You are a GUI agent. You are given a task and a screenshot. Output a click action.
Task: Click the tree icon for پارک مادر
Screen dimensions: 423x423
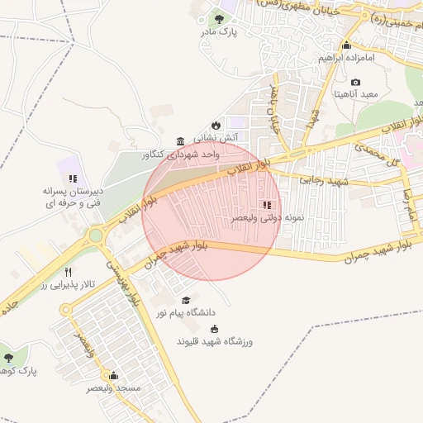(219, 17)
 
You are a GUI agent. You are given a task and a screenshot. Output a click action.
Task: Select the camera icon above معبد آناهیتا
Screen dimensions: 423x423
(355, 82)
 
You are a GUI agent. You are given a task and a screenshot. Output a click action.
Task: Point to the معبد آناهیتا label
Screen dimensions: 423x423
(355, 95)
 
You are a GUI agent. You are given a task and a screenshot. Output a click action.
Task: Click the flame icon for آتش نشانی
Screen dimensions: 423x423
(216, 124)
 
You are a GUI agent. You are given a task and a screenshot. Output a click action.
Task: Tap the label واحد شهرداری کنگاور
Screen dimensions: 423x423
(181, 154)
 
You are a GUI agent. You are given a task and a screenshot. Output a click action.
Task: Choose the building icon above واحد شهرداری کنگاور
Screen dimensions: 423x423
(181, 140)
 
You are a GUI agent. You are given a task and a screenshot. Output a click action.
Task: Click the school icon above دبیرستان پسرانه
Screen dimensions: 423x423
(73, 178)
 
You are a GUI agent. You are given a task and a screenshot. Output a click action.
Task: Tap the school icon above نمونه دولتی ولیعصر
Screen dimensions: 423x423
(265, 204)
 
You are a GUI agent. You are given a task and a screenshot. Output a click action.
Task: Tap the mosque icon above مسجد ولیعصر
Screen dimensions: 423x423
(113, 374)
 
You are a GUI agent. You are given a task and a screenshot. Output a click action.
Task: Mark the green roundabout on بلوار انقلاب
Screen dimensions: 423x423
(96, 236)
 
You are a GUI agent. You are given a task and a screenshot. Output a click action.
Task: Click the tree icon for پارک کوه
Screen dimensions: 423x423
(8, 358)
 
